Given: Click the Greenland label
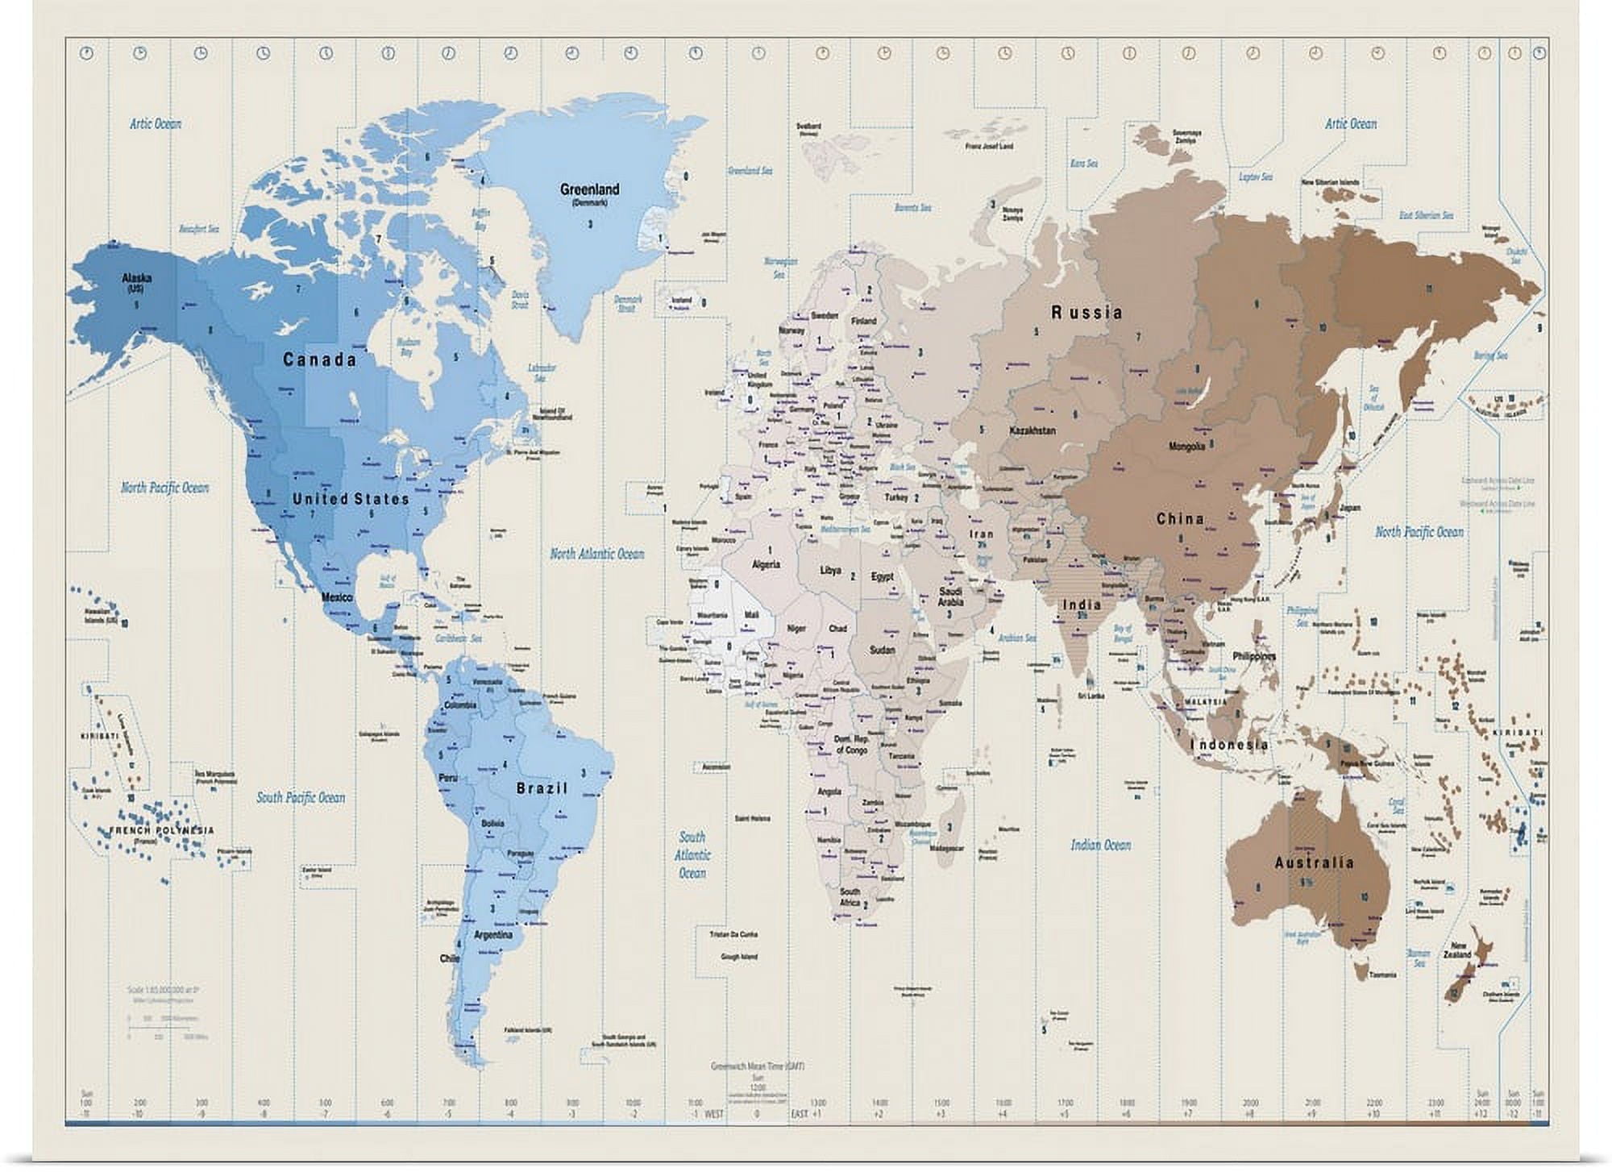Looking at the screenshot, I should [x=589, y=189].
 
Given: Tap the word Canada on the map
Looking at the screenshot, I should [x=319, y=360].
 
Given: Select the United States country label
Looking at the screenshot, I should [x=351, y=500].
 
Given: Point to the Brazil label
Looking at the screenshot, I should [x=542, y=788].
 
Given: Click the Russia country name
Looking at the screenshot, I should [x=1086, y=313].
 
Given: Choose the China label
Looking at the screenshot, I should [x=1180, y=519].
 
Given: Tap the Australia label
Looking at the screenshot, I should [x=1314, y=863].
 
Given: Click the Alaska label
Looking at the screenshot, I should [x=136, y=279].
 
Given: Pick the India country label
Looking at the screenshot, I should [x=1081, y=605].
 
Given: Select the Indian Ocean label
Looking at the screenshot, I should [x=1100, y=845].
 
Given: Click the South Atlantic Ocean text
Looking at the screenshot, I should [x=692, y=854].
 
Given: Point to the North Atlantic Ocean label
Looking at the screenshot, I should [x=596, y=554].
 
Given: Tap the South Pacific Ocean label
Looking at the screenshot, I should [x=300, y=797].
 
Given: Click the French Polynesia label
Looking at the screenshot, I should [x=162, y=830].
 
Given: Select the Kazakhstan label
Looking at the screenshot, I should [x=1032, y=430].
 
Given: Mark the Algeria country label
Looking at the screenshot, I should [x=766, y=564].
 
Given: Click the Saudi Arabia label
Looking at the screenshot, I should [x=950, y=596].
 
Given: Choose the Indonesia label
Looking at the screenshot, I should [x=1229, y=745].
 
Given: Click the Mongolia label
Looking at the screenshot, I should [x=1186, y=446].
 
